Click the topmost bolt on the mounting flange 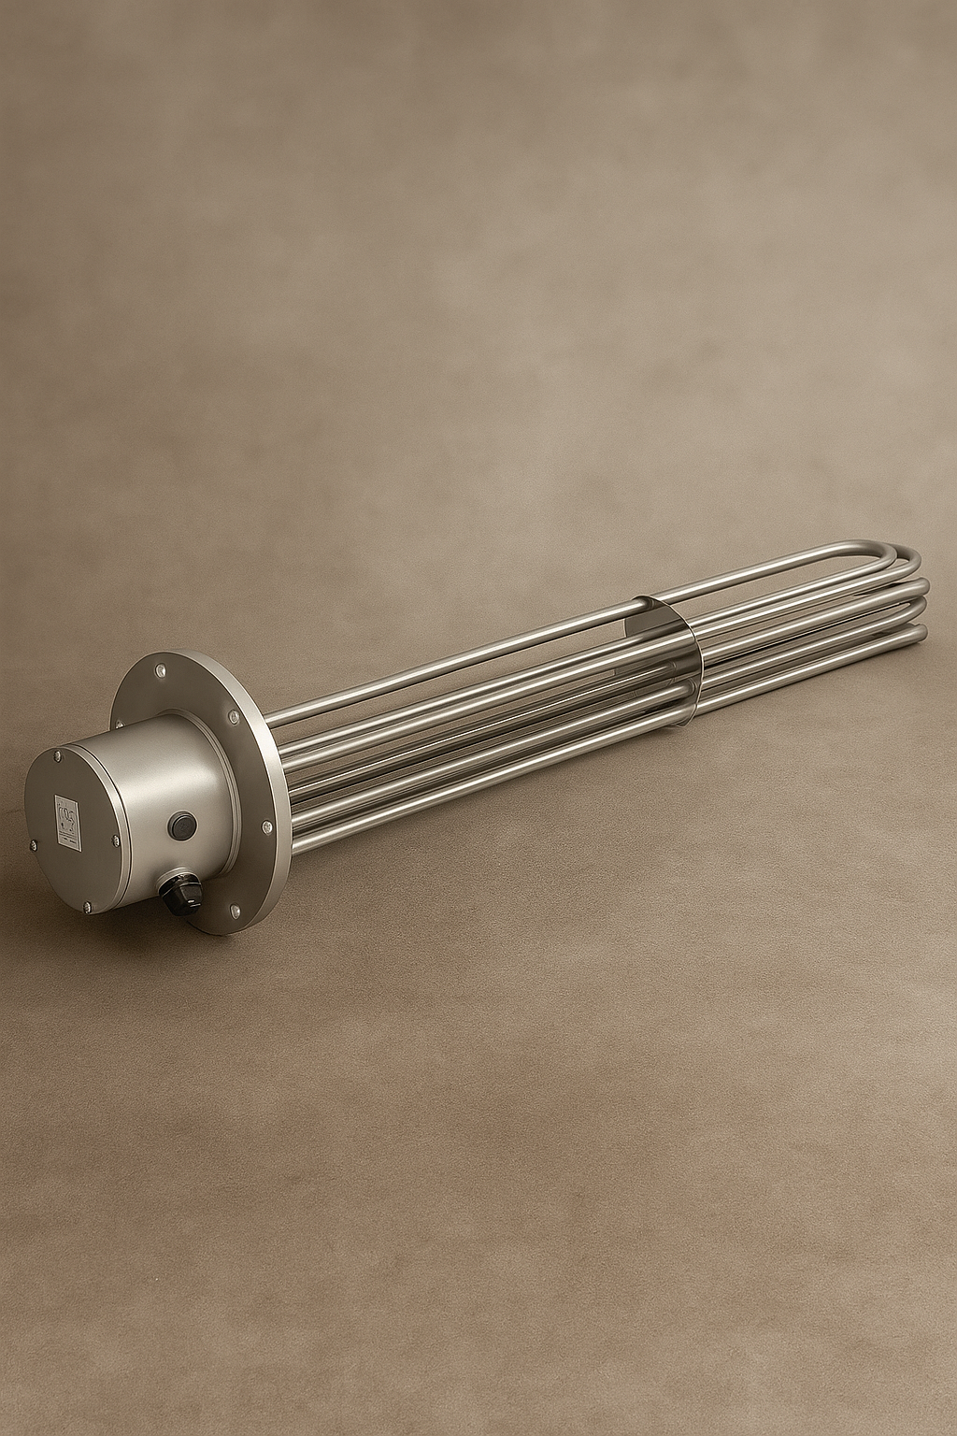point(161,670)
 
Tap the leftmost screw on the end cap point(34,846)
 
